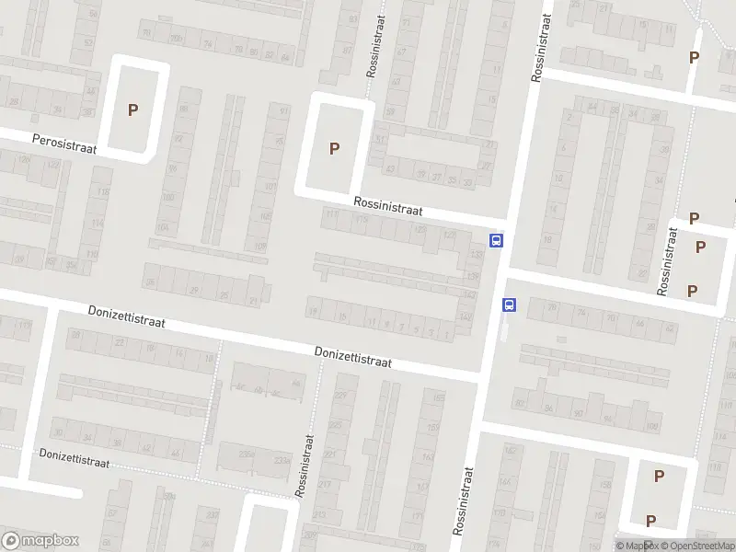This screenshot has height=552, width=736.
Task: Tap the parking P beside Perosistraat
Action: point(133,109)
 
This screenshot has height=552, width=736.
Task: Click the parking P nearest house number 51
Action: point(335,147)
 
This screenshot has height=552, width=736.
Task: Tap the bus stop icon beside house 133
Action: point(497,241)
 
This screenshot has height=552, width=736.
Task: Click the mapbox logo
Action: point(40,540)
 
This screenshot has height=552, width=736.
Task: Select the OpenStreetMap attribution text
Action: point(696,546)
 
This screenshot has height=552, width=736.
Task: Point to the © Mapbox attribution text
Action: point(636,546)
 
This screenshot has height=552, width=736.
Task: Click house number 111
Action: point(331,214)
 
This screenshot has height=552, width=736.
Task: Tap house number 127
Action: point(450,235)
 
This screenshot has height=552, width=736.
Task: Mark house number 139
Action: point(474,276)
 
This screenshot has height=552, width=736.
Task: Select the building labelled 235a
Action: point(246,454)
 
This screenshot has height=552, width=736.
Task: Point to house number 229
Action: point(341,397)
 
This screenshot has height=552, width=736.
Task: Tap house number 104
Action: point(164,226)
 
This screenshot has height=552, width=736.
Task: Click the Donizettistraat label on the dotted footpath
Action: point(74,458)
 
